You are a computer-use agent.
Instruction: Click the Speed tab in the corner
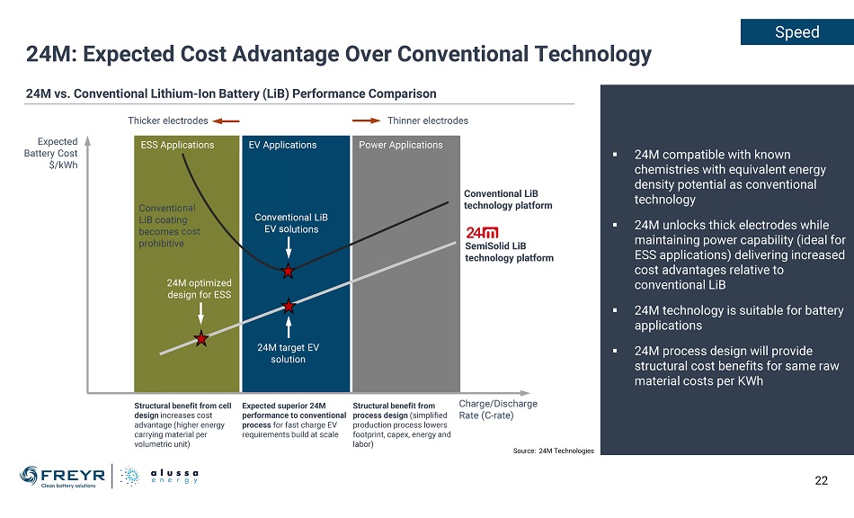point(796,32)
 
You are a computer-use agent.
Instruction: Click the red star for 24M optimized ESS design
point(201,339)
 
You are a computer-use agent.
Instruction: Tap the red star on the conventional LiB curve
point(288,271)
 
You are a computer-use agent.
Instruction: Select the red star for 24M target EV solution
point(289,306)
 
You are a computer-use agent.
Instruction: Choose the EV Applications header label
point(282,145)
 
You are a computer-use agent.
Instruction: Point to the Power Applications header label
point(401,145)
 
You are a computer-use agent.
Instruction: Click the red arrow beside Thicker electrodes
point(227,121)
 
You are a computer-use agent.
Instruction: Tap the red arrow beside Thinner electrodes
point(366,121)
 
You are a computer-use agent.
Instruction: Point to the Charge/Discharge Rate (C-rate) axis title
point(498,409)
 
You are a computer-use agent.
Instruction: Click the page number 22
point(821,480)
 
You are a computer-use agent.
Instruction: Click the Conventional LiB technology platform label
point(508,199)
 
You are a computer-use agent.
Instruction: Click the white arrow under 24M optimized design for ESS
point(200,312)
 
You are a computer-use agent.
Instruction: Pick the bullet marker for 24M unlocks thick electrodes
point(615,226)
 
